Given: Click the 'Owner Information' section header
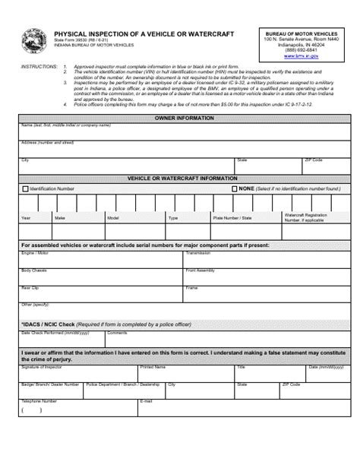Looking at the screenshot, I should click(x=185, y=119).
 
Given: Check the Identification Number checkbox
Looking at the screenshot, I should click(x=25, y=188).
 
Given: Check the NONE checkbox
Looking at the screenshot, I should click(x=235, y=188).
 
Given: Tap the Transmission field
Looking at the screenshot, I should click(x=266, y=261).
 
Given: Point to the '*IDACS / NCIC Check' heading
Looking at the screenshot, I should click(x=49, y=323).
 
